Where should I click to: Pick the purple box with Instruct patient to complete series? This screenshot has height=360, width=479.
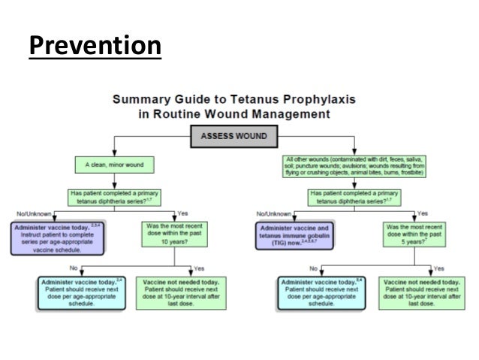pyautogui.click(x=56, y=235)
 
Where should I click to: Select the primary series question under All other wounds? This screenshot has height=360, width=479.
pyautogui.click(x=356, y=197)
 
